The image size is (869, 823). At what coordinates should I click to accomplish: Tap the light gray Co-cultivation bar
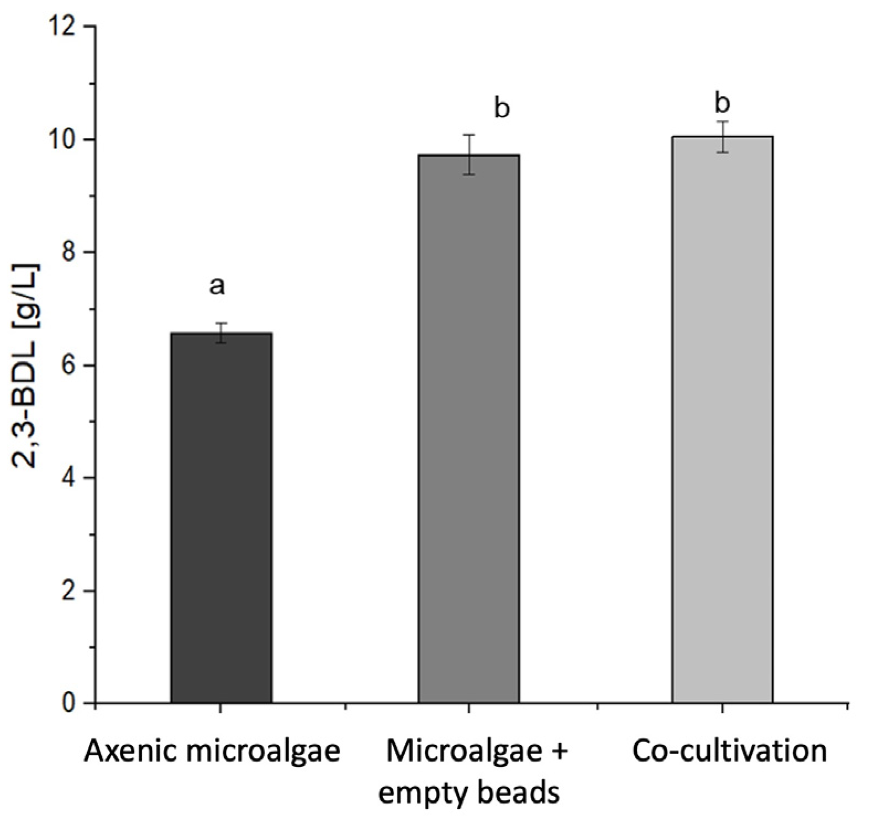tap(722, 419)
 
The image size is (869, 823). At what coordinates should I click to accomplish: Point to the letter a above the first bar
tap(217, 286)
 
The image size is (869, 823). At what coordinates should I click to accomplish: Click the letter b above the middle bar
tap(502, 108)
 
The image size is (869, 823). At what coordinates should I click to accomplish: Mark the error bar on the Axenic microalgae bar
tap(221, 333)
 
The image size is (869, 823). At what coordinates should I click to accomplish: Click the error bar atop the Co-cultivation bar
tap(722, 136)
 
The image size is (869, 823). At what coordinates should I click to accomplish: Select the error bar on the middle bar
tap(468, 154)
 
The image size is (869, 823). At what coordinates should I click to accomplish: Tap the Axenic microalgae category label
tap(212, 752)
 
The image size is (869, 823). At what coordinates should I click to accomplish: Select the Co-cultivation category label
tap(729, 752)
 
